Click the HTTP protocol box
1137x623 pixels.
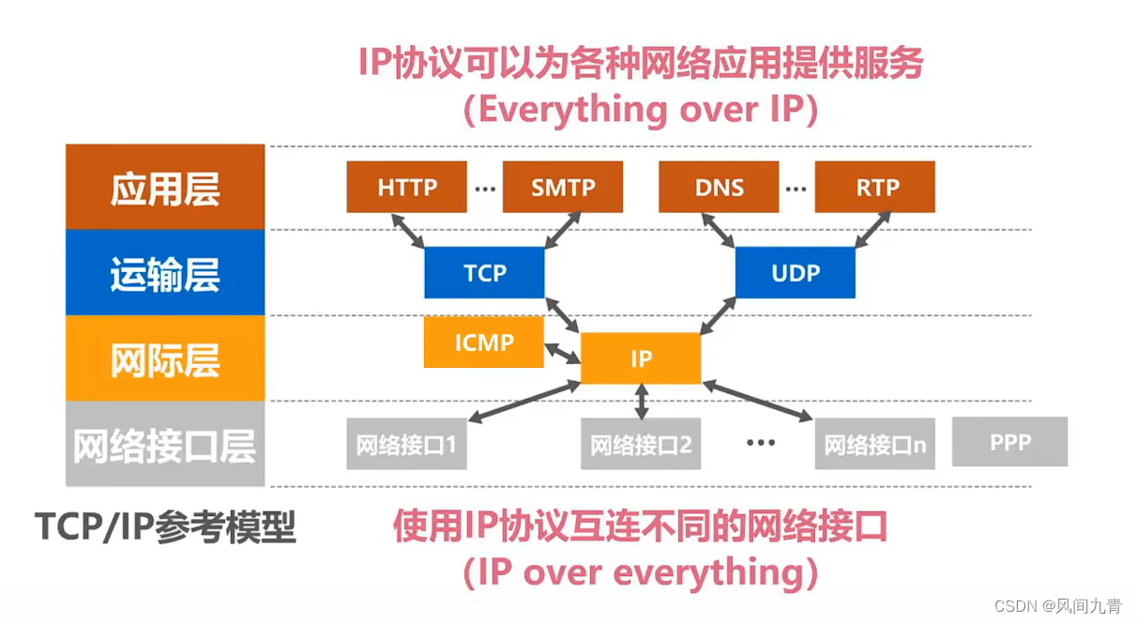407,188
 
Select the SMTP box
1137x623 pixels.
563,188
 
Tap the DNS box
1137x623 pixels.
720,188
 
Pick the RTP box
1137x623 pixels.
875,188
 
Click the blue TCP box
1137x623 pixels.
484,273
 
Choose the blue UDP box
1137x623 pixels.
795,273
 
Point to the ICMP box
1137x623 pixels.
484,342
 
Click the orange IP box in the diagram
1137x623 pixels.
641,358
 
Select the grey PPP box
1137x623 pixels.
1009,442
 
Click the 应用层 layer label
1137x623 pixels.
165,188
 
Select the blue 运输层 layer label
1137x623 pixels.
165,273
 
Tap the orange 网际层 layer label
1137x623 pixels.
165,358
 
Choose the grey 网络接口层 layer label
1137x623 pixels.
165,445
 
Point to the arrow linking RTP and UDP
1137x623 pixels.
872,231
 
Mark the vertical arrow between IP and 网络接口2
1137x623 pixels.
642,402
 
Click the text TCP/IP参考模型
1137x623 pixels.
165,527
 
